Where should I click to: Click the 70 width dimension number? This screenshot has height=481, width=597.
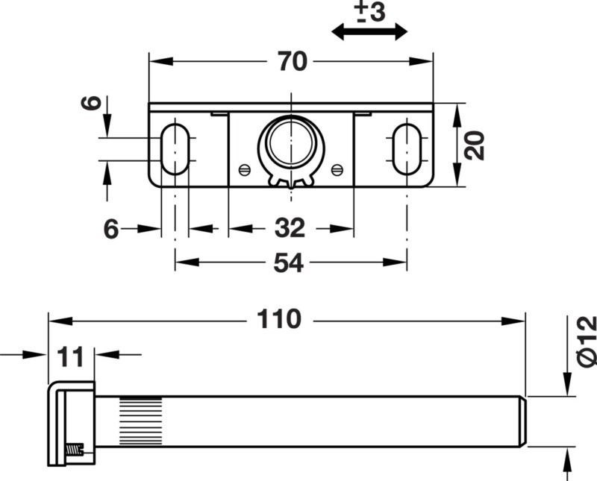pyautogui.click(x=293, y=61)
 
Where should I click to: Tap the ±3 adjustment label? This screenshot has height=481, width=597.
pyautogui.click(x=369, y=12)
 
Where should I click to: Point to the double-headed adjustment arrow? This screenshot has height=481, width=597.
pyautogui.click(x=369, y=31)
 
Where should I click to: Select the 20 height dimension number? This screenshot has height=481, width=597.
pyautogui.click(x=475, y=145)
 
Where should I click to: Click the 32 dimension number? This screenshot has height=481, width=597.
pyautogui.click(x=290, y=228)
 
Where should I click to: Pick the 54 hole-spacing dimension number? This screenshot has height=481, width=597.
pyautogui.click(x=289, y=262)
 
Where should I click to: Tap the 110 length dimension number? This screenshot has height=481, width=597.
pyautogui.click(x=279, y=319)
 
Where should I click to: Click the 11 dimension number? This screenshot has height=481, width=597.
pyautogui.click(x=70, y=357)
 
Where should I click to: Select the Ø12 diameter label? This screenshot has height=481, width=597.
pyautogui.click(x=587, y=342)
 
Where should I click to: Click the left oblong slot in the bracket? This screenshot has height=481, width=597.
pyautogui.click(x=175, y=149)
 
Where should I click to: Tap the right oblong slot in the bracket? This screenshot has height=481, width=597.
pyautogui.click(x=407, y=149)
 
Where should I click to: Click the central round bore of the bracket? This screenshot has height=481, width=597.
pyautogui.click(x=291, y=142)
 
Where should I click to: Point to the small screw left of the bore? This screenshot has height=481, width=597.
pyautogui.click(x=245, y=170)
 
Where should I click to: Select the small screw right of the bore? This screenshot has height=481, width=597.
pyautogui.click(x=337, y=170)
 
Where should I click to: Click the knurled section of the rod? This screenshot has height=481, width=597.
pyautogui.click(x=141, y=421)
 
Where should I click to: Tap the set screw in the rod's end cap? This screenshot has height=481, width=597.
pyautogui.click(x=75, y=450)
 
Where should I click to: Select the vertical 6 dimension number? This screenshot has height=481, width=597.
pyautogui.click(x=92, y=103)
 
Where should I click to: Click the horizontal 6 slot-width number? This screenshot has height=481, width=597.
pyautogui.click(x=111, y=229)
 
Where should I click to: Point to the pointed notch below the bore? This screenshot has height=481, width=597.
pyautogui.click(x=291, y=186)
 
